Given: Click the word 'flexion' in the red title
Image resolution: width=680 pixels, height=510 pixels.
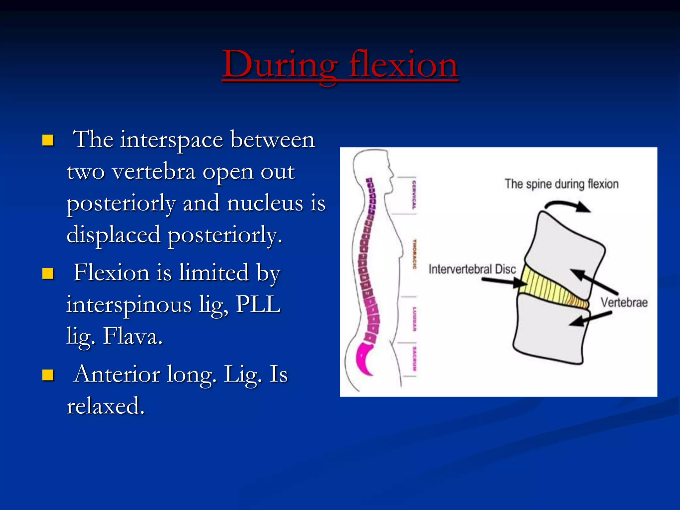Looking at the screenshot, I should point(403,65).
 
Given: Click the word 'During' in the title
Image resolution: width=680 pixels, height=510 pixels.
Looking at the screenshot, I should point(279,65).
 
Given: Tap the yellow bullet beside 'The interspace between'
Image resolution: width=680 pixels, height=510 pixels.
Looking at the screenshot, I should point(48,140).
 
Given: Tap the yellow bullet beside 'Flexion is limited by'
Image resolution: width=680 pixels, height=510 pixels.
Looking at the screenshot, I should point(48,274).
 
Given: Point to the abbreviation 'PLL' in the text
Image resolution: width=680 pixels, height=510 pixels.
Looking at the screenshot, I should point(258,304).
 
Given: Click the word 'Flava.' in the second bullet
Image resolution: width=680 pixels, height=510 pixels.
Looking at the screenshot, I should point(133,336).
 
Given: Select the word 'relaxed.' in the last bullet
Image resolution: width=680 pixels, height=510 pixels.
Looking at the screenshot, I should point(106,406).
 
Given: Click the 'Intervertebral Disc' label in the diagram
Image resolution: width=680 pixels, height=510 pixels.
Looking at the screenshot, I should point(472,269).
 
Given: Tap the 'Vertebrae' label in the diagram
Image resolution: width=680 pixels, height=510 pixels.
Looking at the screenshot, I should point(624,302).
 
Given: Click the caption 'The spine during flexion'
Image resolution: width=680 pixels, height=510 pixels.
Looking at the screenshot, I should point(561,184).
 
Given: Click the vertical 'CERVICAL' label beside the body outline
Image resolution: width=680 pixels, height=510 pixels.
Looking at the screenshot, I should point(414,195).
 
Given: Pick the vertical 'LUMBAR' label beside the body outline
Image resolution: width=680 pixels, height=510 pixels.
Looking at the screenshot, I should point(414,319).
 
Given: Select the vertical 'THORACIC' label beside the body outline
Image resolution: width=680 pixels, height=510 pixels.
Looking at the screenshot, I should point(414,254).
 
